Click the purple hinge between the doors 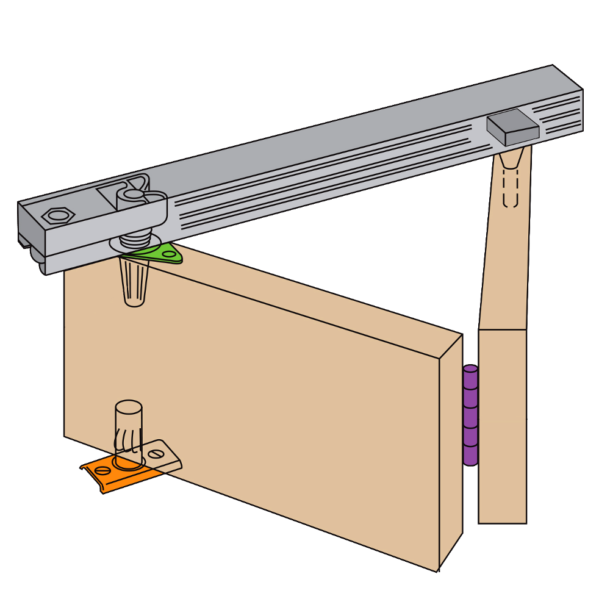point(470,415)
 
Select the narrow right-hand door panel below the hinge point(503,427)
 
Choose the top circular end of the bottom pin point(129,407)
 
